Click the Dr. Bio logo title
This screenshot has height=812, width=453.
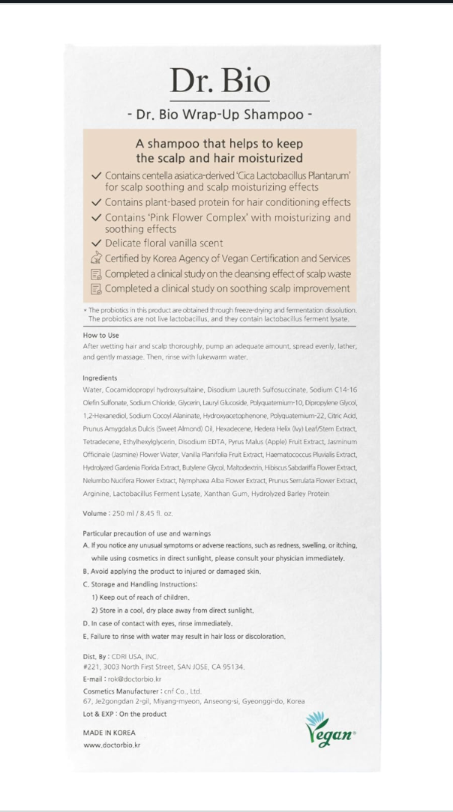point(219,80)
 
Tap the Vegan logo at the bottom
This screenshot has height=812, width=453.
point(330,729)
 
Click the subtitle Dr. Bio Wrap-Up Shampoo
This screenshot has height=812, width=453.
point(219,115)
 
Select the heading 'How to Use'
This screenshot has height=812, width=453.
point(100,336)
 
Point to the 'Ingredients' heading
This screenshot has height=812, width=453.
point(100,378)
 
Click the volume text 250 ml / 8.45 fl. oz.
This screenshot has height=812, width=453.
point(127,513)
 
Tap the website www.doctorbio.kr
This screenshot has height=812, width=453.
point(112,745)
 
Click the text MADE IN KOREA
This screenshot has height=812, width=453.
point(109,733)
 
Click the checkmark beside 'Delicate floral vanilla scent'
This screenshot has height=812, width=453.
point(95,243)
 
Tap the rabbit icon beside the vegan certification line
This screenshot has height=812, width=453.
point(95,258)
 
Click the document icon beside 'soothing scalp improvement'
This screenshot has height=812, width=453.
point(95,288)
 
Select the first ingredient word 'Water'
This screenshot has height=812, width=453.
point(93,390)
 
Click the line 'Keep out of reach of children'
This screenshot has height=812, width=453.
point(140,598)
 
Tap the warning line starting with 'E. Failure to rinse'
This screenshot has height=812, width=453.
point(184,636)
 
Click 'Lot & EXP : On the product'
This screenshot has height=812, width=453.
point(124,714)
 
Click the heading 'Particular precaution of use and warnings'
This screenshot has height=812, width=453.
point(147,533)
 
